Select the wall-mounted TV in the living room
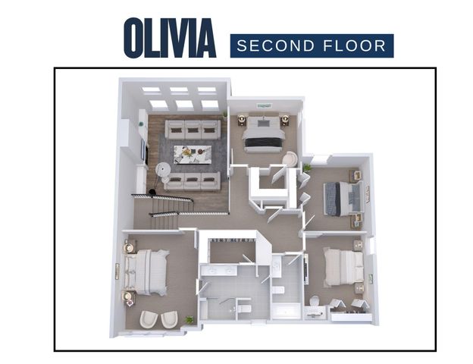(x=143, y=151)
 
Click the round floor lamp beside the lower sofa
(x=161, y=173)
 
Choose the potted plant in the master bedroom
(x=189, y=319)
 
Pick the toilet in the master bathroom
(x=244, y=307)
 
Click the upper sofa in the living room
(x=193, y=129)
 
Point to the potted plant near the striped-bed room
(x=307, y=167)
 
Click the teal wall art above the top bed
(x=264, y=105)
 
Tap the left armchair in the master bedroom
(x=148, y=318)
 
